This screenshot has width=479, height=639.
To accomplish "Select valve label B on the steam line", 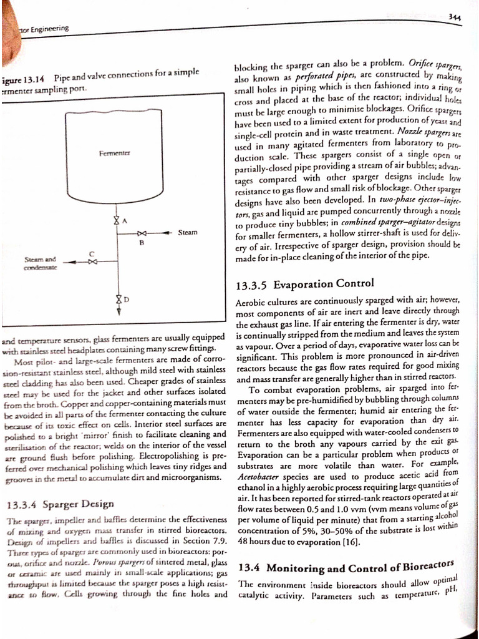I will coord(142,245).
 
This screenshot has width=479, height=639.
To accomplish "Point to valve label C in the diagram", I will coord(91,253).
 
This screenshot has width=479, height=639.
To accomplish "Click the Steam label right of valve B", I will coord(188,233).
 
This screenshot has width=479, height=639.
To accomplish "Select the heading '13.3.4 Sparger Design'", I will coord(60,504).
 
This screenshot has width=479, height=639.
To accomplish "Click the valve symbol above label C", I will coord(91,262).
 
